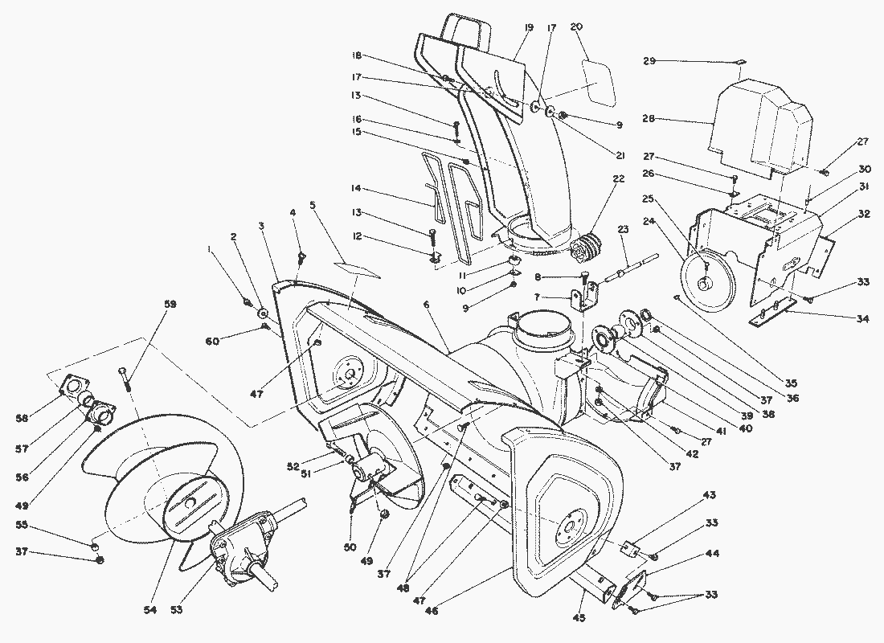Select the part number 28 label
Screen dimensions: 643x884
click(649, 119)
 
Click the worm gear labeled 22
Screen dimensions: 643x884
click(584, 246)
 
